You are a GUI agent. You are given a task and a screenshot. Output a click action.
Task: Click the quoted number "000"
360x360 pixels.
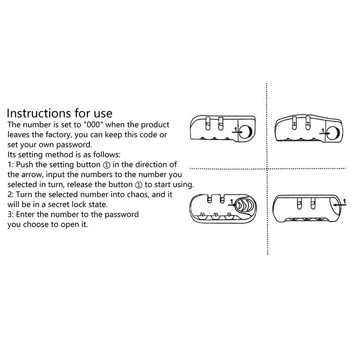[94, 125]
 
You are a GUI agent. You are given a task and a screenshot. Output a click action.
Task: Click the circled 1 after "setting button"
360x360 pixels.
[107, 165]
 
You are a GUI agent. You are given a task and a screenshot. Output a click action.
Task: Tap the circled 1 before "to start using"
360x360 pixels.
[139, 185]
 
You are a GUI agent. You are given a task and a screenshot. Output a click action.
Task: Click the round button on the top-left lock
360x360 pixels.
[246, 131]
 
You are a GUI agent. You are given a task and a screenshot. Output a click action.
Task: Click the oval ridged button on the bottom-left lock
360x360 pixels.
[245, 205]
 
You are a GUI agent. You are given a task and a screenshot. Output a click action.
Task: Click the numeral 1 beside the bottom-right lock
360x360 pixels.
[344, 201]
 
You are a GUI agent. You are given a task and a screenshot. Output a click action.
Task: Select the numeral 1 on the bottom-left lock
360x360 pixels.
[231, 201]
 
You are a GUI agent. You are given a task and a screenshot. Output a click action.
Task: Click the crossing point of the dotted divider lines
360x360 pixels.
[267, 169]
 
